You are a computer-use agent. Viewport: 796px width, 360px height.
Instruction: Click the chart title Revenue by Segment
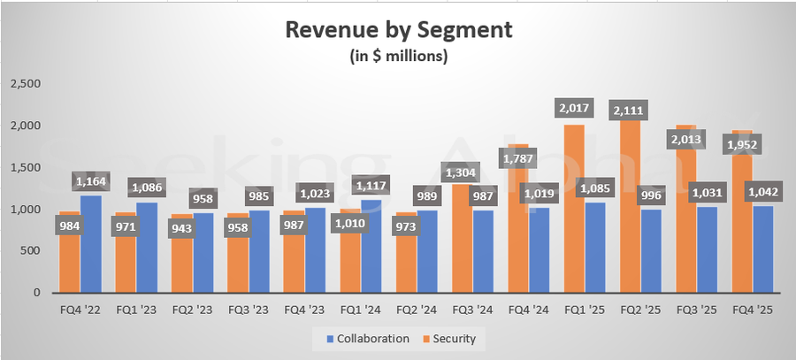pos(397,30)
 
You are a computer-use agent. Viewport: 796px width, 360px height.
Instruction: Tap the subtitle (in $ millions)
pos(397,57)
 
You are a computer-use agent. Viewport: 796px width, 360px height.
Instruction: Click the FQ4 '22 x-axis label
pos(80,311)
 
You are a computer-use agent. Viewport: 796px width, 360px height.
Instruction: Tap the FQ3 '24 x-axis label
pos(473,311)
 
